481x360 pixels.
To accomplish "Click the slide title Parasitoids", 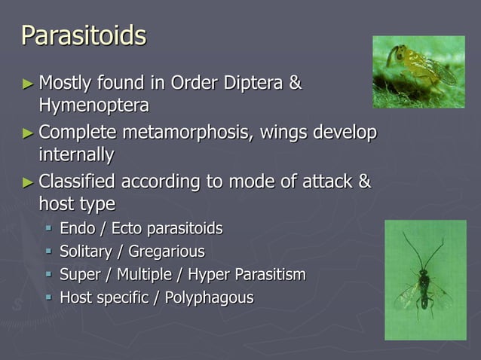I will pos(84,35).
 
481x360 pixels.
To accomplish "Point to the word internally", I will pos(76,155).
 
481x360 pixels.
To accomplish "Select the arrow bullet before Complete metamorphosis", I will pos(27,134).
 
